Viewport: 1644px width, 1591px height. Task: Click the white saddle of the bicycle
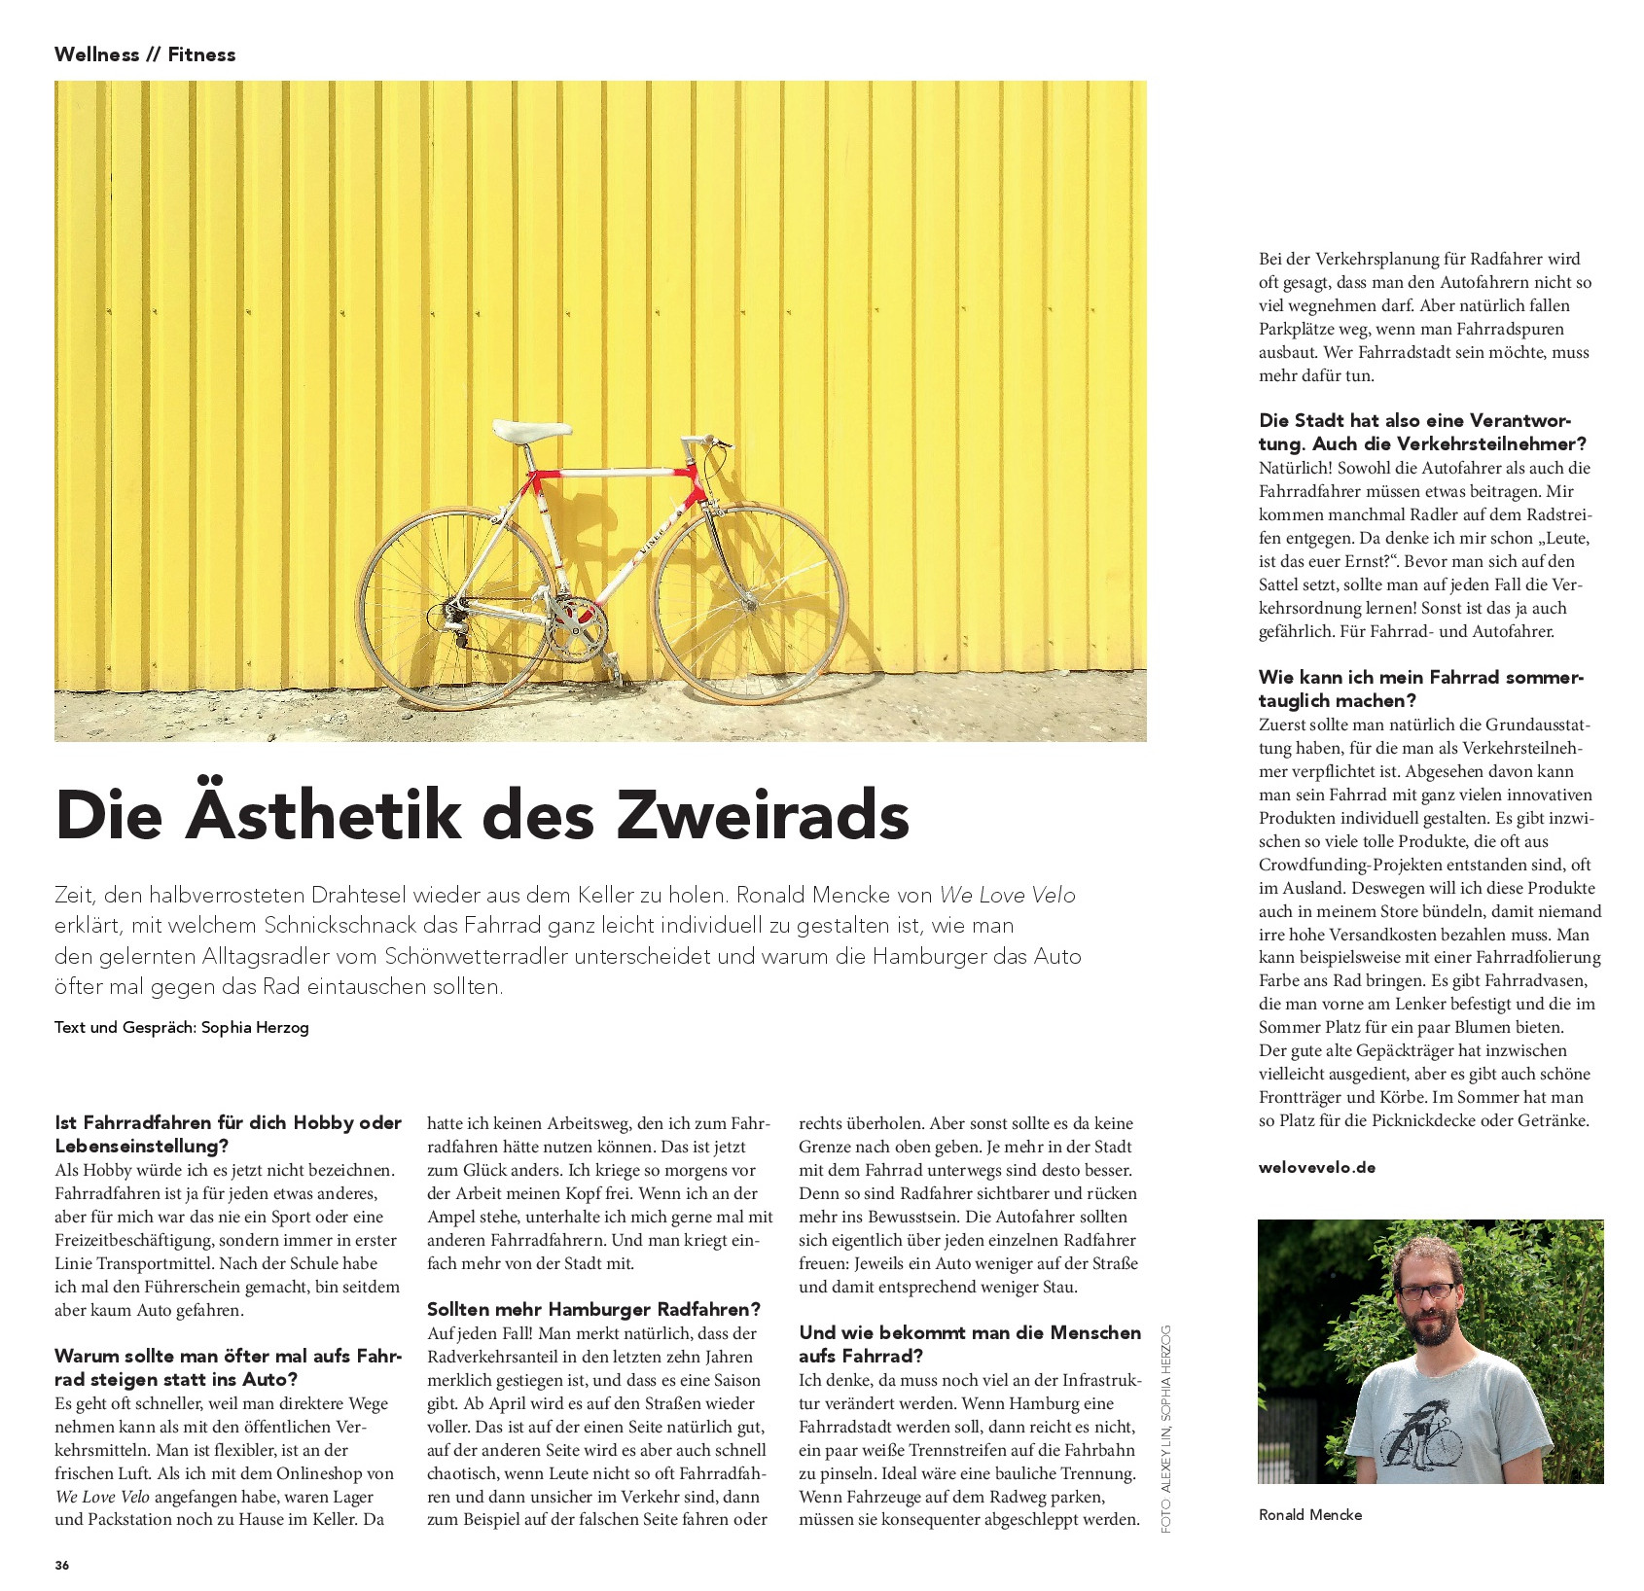(531, 430)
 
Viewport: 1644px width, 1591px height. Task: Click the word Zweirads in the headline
(763, 815)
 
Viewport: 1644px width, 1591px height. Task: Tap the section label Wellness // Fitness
(145, 54)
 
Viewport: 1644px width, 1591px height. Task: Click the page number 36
(62, 1565)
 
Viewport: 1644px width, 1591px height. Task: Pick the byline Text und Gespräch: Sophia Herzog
(182, 1027)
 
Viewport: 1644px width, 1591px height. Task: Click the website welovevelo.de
(1316, 1167)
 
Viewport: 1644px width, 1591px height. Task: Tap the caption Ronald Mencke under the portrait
(1309, 1514)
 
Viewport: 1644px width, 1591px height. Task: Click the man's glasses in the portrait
(1427, 1291)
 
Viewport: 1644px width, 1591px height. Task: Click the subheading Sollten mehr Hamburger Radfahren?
(593, 1309)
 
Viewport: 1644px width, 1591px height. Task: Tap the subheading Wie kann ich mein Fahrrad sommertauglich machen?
(1420, 689)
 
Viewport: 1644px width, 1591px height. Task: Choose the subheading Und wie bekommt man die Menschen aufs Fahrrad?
(969, 1344)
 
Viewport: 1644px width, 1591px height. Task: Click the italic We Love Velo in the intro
(1007, 895)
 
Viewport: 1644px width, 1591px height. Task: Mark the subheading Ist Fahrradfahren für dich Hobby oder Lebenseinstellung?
(228, 1134)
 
